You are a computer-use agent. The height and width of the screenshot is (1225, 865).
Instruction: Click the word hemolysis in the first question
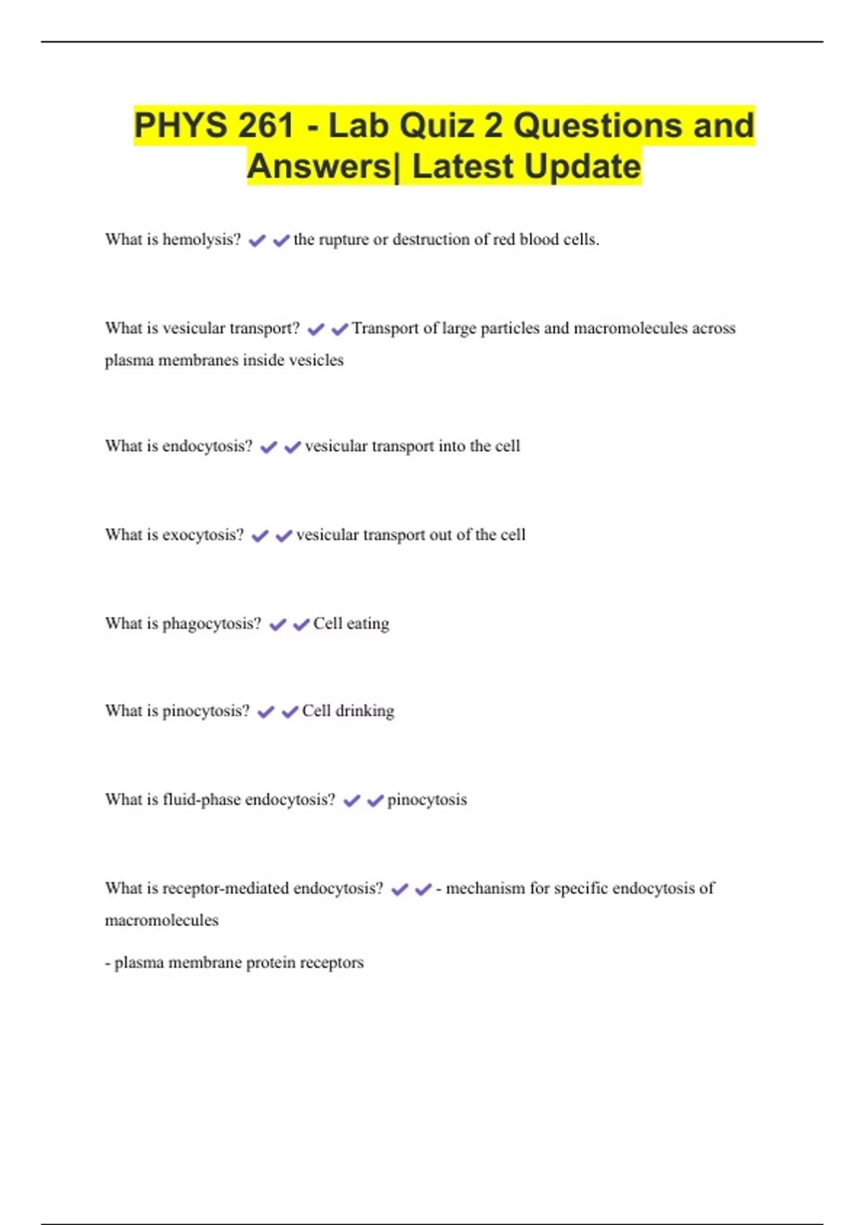pos(202,239)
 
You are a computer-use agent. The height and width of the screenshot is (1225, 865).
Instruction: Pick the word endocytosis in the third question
pos(208,446)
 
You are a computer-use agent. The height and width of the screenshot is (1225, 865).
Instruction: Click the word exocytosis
pos(203,535)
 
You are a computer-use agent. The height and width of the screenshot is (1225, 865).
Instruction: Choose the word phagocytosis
pos(212,623)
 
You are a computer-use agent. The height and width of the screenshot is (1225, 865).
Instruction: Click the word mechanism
pos(485,888)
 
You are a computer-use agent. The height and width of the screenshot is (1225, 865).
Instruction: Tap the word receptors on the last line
pos(332,963)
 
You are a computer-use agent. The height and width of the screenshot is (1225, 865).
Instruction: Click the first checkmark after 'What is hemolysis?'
pos(257,241)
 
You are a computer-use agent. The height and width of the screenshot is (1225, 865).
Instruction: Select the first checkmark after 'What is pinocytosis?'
pos(266,712)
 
